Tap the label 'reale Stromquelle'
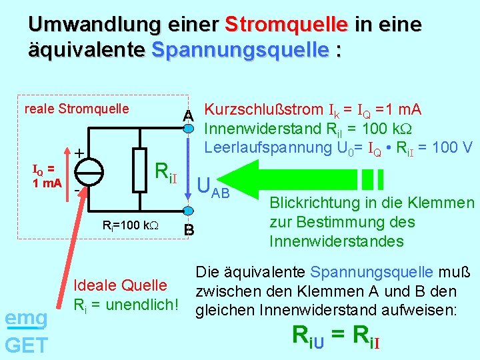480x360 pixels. click(x=76, y=109)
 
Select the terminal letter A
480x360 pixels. click(x=189, y=115)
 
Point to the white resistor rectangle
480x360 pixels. click(x=139, y=170)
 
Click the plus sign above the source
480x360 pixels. click(x=79, y=153)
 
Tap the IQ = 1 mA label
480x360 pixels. click(x=47, y=176)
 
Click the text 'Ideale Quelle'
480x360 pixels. click(x=120, y=285)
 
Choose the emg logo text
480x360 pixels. click(x=26, y=319)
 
